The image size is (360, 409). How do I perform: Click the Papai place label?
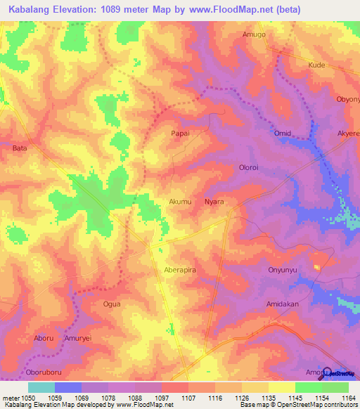pyautogui.click(x=181, y=132)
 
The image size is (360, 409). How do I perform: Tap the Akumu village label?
pyautogui.click(x=180, y=202)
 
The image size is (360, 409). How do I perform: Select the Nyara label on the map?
pyautogui.click(x=214, y=202)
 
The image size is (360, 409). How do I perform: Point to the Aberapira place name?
pyautogui.click(x=184, y=271)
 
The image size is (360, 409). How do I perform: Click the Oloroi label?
pyautogui.click(x=251, y=167)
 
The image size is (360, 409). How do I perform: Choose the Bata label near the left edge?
pyautogui.click(x=20, y=148)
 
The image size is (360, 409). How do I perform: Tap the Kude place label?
pyautogui.click(x=317, y=64)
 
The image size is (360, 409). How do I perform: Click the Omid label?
pyautogui.click(x=282, y=133)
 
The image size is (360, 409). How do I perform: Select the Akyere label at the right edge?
pyautogui.click(x=348, y=133)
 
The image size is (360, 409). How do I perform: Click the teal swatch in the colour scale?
pyautogui.click(x=41, y=387)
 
